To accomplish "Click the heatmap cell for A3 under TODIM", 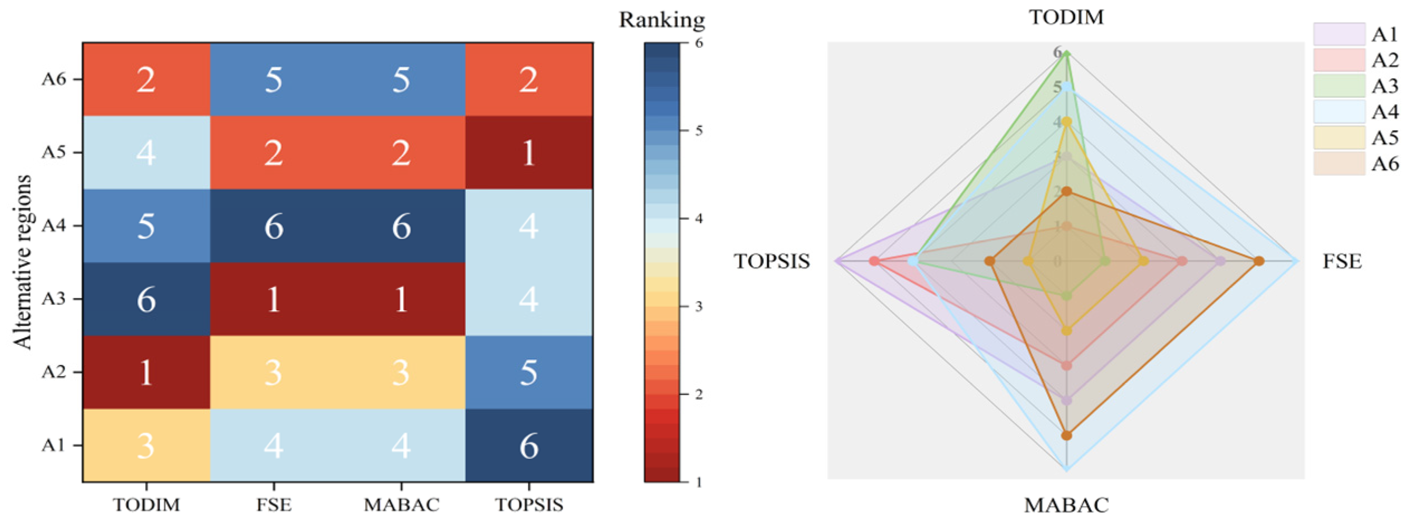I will [x=146, y=299].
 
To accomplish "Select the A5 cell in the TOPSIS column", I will [x=528, y=153].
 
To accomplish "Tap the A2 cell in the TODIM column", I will [x=146, y=372].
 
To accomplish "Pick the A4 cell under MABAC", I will [x=401, y=226].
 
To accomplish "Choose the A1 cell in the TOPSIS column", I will [x=528, y=446].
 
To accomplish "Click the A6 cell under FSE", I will [x=273, y=80].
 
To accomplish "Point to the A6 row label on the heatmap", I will [x=54, y=80].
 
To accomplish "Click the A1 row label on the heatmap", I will [x=54, y=446].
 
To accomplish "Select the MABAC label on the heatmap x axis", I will [x=401, y=504].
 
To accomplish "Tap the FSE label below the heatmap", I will [x=273, y=504].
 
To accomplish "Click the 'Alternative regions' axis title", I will [x=22, y=262].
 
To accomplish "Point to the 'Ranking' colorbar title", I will [x=662, y=20].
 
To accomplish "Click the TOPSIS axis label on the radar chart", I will [x=771, y=261].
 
